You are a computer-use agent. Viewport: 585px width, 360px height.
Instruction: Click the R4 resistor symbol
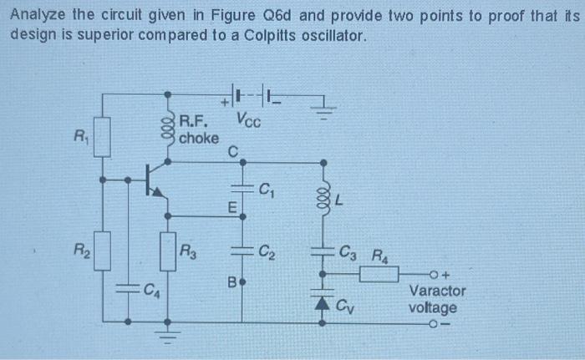tap(379, 273)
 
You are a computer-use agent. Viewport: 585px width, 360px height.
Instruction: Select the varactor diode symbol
tap(323, 301)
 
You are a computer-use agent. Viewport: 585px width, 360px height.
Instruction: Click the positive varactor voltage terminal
tap(432, 273)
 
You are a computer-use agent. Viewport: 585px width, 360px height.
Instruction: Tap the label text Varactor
tap(437, 291)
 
